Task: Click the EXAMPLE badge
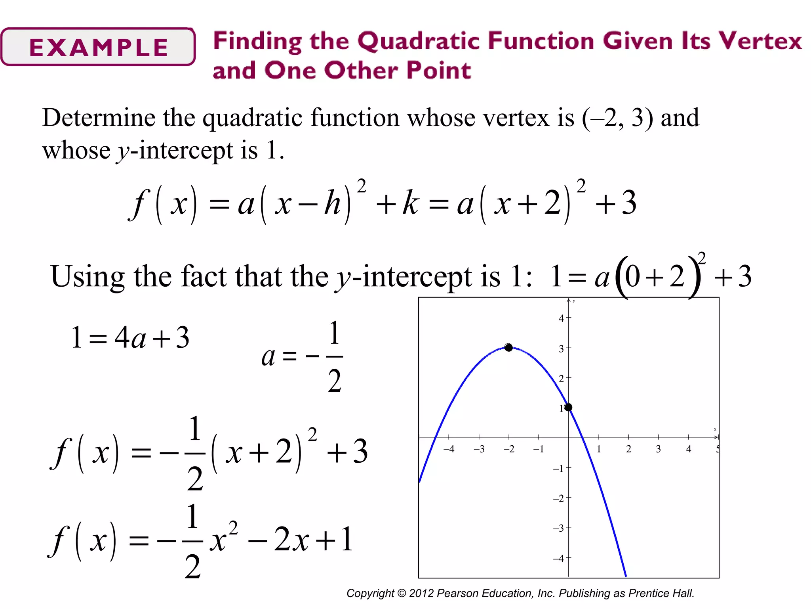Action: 98,47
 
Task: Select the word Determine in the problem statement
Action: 99,118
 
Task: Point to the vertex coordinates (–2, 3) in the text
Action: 617,118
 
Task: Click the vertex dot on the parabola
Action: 509,347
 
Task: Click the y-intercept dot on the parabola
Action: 568,407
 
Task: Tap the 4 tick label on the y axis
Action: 561,318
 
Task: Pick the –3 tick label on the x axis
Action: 479,449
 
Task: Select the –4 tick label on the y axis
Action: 559,559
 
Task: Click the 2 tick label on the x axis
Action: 628,449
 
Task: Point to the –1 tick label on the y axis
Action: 559,469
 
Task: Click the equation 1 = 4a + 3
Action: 130,338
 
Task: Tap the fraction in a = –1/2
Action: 335,356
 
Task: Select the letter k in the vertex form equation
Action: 411,203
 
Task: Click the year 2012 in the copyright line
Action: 421,593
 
